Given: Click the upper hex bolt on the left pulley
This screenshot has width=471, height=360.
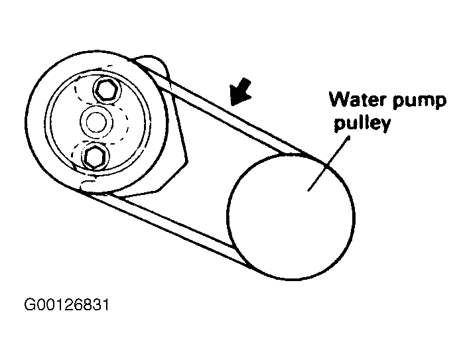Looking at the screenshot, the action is pos(106,89).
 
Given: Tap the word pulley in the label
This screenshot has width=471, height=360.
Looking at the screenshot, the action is pos(360,125).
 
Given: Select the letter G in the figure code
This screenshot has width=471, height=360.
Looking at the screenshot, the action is pos(30,306).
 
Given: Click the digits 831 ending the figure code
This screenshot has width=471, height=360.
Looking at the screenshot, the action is pos(96,306).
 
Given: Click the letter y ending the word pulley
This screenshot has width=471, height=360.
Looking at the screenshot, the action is pos(382,127).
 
